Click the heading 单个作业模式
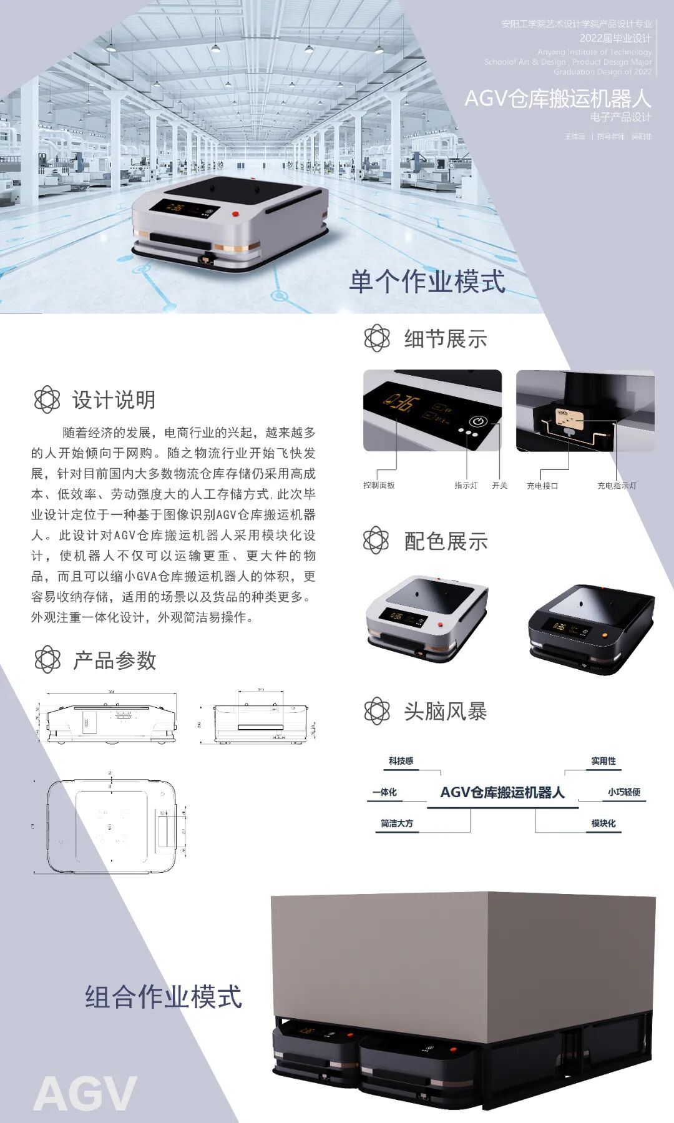point(427,282)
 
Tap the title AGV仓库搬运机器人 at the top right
point(557,99)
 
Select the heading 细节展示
point(445,339)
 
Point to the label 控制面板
point(379,485)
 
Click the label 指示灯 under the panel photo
point(466,485)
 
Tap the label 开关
point(499,485)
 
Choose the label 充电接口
point(542,486)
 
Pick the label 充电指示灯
point(617,486)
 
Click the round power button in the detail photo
point(478,421)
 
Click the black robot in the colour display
point(590,629)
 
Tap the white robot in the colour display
point(427,618)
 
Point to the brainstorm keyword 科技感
point(401,761)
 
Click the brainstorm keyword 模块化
point(603,823)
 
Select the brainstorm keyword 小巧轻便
point(624,792)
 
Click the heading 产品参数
point(114,660)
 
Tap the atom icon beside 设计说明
point(47,400)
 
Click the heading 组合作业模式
point(164,997)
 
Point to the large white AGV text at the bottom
point(85,1094)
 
